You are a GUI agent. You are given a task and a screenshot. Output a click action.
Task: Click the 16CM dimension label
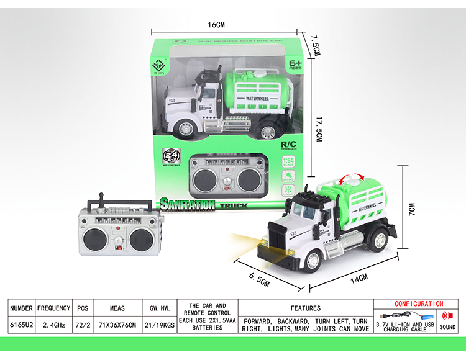(216, 25)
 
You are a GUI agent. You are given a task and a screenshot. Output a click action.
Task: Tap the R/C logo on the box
(290, 145)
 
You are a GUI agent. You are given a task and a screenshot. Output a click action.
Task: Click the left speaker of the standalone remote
(95, 238)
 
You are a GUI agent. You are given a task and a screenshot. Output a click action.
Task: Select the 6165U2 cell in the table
(21, 325)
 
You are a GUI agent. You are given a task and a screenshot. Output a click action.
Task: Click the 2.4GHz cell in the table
(53, 325)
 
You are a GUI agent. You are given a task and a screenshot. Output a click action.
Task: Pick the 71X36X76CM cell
(117, 325)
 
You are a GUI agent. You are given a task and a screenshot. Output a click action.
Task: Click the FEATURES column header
(305, 308)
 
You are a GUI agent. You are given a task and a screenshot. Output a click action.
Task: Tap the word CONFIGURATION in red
(419, 304)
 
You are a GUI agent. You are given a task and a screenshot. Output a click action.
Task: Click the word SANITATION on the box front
(187, 204)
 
